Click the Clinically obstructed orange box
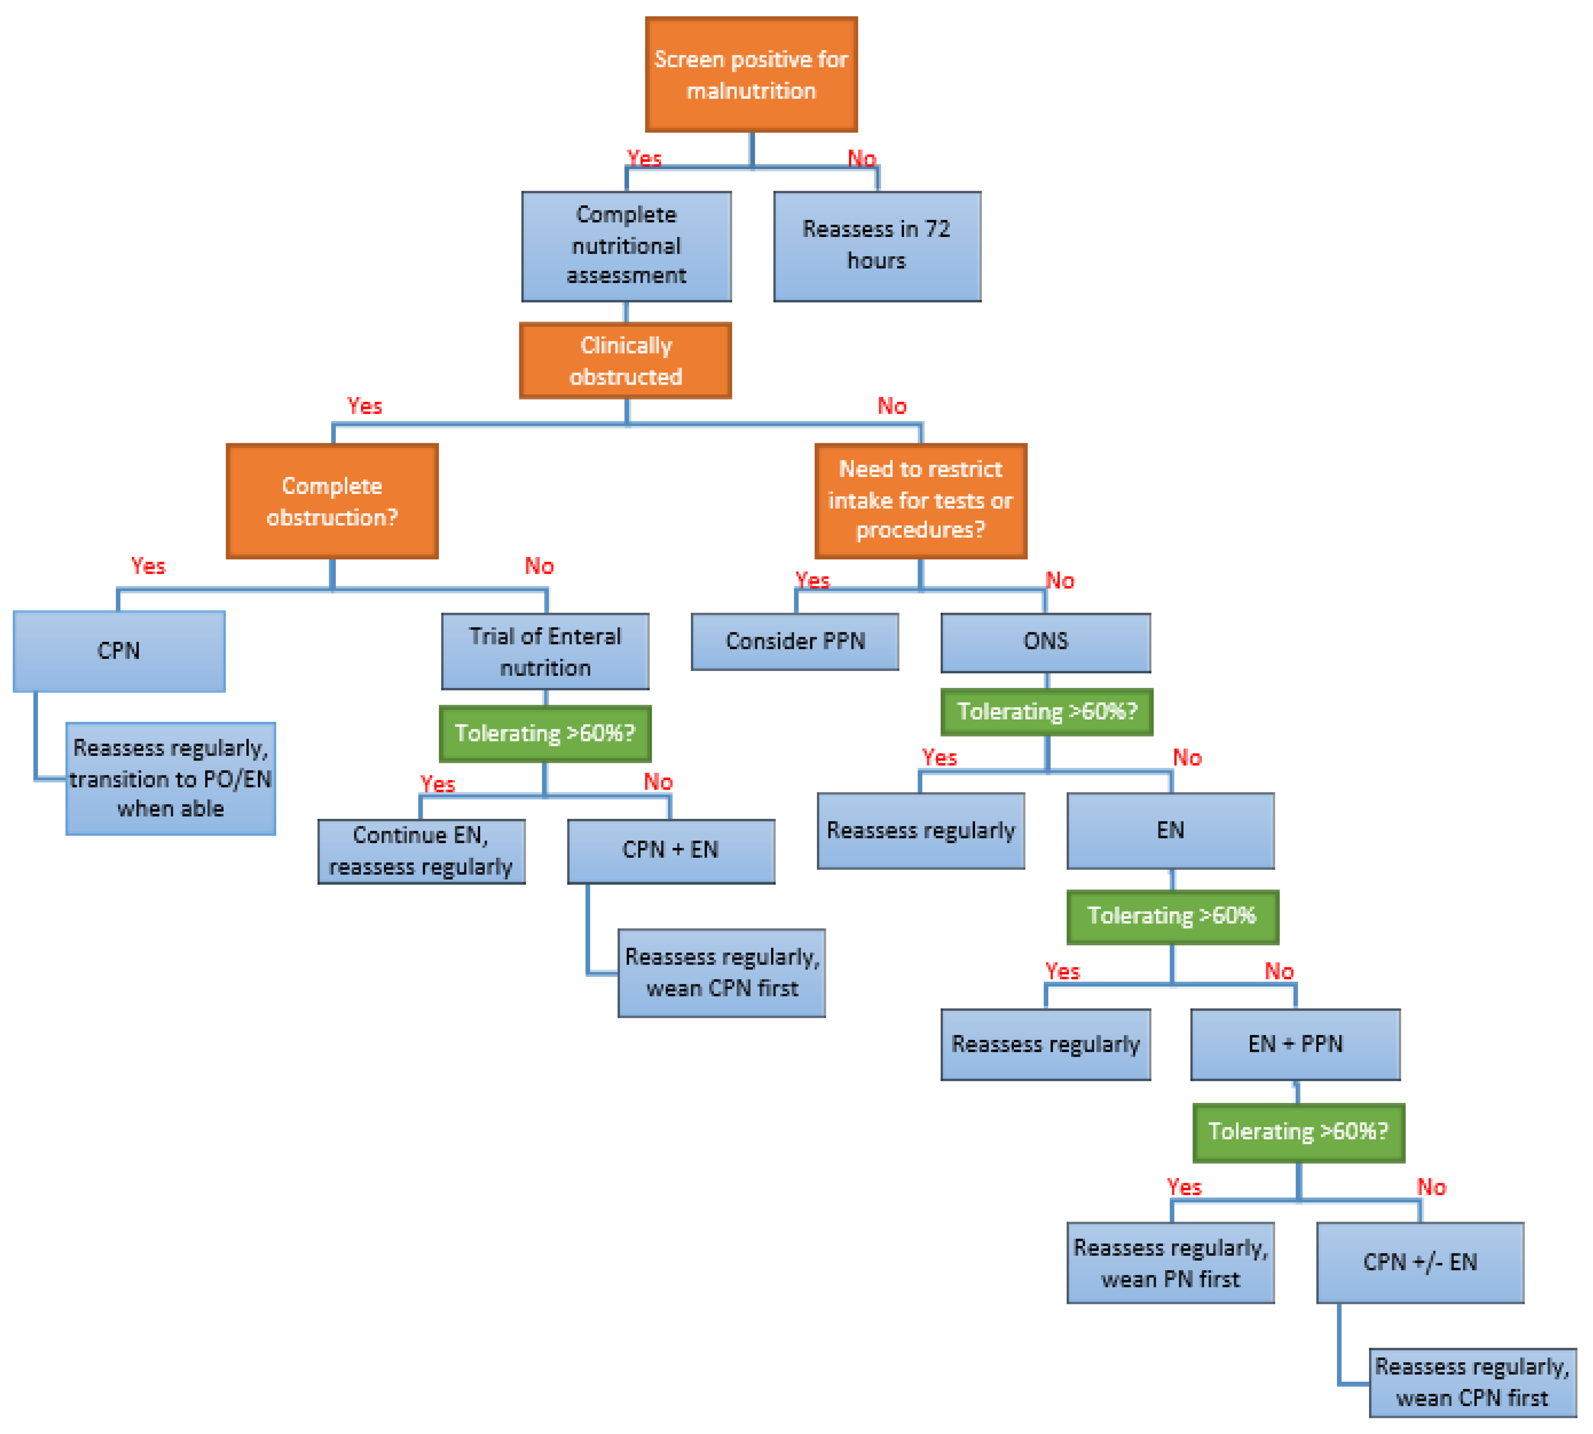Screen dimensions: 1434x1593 click(x=625, y=361)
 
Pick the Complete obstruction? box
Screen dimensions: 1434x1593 click(x=332, y=501)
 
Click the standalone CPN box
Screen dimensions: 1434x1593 click(x=119, y=651)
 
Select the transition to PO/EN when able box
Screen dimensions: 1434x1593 click(x=170, y=778)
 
